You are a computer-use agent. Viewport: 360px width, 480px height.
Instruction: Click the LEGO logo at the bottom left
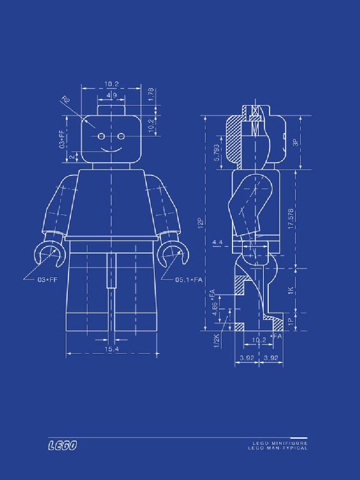coord(62,445)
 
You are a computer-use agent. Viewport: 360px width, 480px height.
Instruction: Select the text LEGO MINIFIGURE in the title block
coord(280,443)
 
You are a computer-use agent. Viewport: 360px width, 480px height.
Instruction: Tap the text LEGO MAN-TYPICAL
coord(277,449)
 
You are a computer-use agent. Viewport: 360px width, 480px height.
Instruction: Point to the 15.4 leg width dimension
coord(111,349)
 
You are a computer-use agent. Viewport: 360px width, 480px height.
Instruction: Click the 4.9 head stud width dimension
coord(112,95)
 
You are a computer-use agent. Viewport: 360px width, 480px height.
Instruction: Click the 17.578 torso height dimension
coord(291,218)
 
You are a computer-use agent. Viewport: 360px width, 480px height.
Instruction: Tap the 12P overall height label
coord(200,223)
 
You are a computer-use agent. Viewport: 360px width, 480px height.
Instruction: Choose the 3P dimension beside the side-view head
coord(295,142)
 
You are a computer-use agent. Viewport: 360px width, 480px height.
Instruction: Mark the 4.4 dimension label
coord(217,242)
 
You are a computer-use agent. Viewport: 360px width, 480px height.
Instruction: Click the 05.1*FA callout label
coord(188,280)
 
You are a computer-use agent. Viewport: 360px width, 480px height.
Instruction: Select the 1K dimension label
coord(291,291)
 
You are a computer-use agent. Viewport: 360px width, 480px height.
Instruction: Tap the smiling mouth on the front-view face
coord(111,150)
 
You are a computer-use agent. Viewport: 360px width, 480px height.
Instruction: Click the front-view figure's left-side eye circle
coord(101,136)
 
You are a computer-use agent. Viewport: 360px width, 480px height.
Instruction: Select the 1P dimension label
coord(291,322)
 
